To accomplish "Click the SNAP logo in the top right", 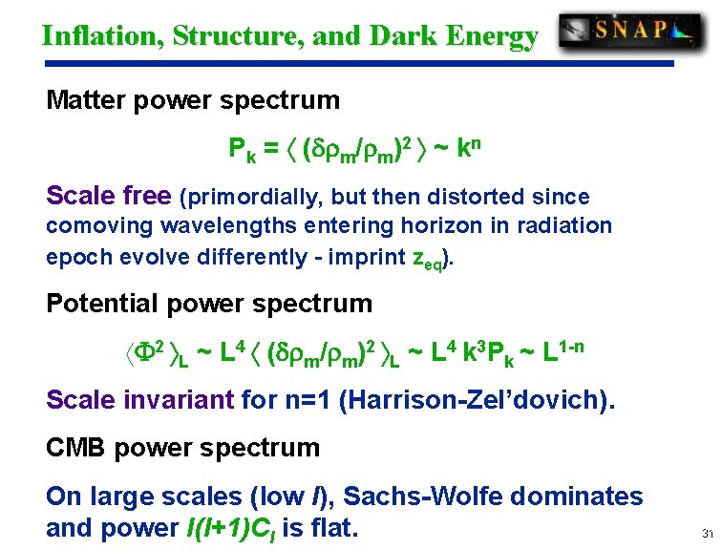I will (630, 32).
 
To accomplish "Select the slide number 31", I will (707, 533).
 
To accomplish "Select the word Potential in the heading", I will (100, 305).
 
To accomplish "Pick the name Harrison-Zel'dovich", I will (478, 399).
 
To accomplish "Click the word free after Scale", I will (149, 197).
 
